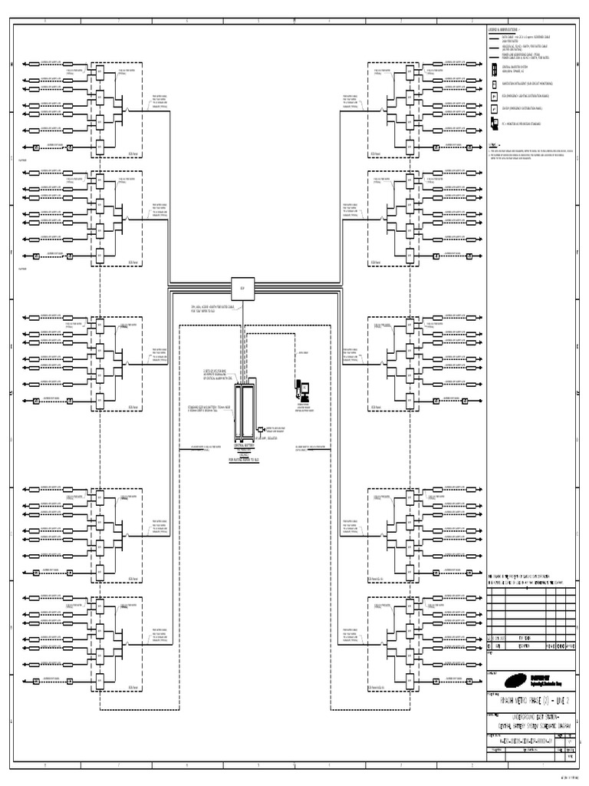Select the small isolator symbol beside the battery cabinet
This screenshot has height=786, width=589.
(261, 429)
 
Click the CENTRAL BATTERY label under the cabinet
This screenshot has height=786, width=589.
(245, 444)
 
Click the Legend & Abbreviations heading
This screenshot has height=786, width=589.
(505, 30)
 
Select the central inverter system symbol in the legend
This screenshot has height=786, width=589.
(492, 69)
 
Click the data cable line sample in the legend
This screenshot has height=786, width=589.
(494, 37)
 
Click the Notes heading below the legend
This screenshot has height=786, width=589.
(495, 144)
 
